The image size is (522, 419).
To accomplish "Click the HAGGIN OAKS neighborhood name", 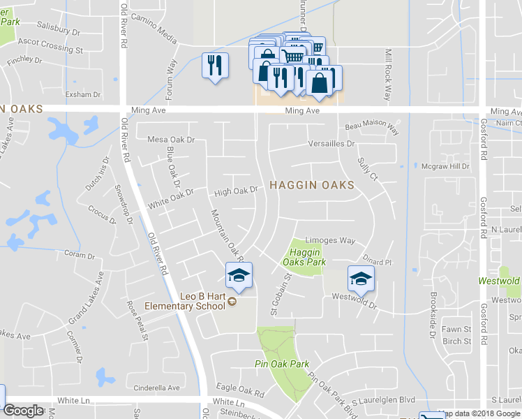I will (x=311, y=185).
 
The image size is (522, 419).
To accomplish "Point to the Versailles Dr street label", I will (x=332, y=144).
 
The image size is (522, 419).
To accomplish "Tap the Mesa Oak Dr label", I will (x=171, y=140).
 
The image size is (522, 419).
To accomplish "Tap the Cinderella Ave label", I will (x=157, y=388).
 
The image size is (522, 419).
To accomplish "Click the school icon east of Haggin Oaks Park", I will (x=361, y=278).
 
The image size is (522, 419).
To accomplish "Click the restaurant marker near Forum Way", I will (x=215, y=66).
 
